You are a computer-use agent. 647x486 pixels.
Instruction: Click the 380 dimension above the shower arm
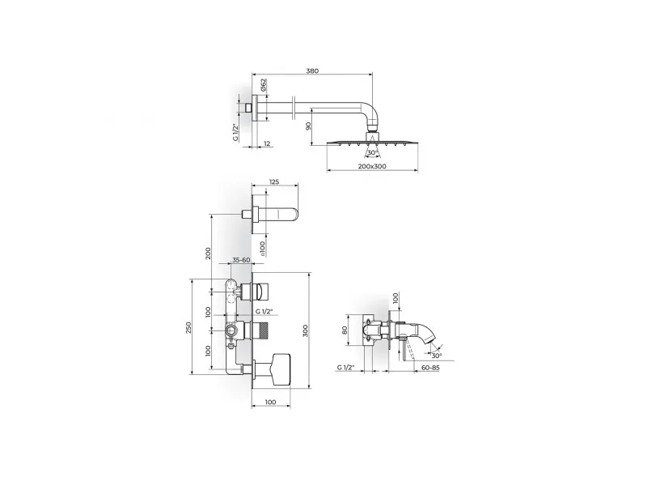point(312,70)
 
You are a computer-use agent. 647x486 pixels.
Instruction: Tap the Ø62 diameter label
point(264,85)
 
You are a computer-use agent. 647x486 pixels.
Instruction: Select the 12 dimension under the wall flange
point(267,143)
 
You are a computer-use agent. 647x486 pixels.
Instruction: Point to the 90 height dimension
point(307,126)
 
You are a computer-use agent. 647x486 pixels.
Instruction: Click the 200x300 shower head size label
point(372,167)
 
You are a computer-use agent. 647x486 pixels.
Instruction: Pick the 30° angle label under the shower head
point(373,153)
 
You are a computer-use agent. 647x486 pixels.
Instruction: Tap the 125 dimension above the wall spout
point(274,181)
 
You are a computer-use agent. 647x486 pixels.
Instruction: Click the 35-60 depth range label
point(241,260)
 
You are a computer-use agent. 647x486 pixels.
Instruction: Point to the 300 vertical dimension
point(306,330)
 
